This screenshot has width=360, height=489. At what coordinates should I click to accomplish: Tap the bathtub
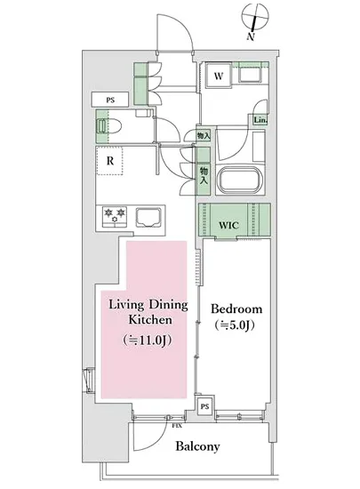pos(240,180)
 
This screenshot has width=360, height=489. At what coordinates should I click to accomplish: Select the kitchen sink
pos(148,217)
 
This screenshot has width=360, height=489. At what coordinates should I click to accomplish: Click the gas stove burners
pos(115,216)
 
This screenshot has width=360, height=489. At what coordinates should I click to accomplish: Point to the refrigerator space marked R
pos(109,161)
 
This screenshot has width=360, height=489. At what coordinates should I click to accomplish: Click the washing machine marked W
pos(218,76)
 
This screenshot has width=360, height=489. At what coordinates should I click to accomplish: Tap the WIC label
pos(228,225)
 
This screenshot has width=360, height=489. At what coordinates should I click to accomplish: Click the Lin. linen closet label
pos(260,120)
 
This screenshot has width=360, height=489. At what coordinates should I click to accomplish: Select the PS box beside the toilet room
pos(110,100)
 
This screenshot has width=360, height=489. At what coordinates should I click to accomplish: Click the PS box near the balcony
pos(204,406)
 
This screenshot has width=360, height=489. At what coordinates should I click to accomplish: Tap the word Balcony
pos(197,446)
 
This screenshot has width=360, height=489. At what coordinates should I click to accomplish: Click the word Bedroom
pos(236,309)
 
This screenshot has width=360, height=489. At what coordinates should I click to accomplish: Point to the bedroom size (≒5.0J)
pos(235,325)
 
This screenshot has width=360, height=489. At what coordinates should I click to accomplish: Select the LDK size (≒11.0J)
pos(148,341)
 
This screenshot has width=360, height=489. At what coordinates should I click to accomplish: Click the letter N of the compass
pos(251,36)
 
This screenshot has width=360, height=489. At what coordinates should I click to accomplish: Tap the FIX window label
pos(177,426)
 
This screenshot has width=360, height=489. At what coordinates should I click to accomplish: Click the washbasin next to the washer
pos(250,75)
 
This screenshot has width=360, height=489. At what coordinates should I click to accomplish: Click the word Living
pos(126,305)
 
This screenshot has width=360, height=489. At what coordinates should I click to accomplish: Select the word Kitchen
pos(150,320)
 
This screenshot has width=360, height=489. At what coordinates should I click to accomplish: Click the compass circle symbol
pos(255,17)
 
